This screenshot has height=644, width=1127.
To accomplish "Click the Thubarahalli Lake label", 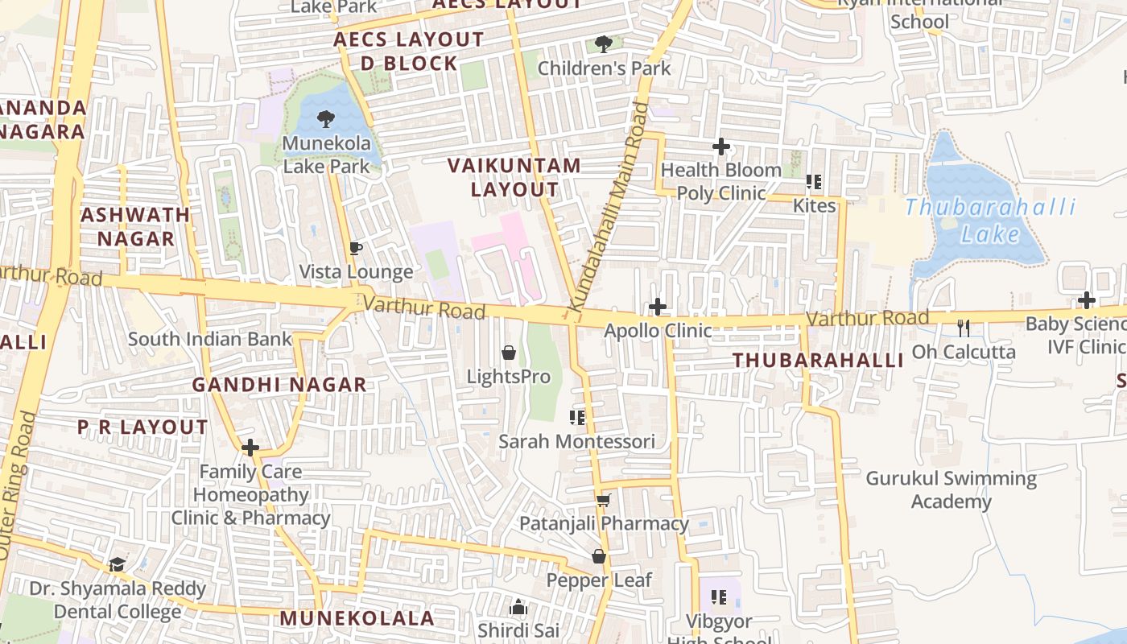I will pos(990,221).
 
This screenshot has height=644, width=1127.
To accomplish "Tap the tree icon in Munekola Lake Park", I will pos(326,120).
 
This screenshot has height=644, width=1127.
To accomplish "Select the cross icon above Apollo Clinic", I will pos(658,307).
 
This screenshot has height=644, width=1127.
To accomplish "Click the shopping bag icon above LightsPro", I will pos(509,353).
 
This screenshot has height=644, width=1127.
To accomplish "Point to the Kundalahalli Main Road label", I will pos(608,208).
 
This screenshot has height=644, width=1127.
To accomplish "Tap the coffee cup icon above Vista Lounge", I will pos(356,248).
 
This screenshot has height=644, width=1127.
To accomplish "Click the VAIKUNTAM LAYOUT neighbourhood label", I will pos(514,178).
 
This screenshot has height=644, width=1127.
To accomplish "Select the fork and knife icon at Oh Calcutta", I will pos(963,328).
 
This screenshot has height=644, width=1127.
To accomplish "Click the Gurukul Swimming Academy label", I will pos(951,489).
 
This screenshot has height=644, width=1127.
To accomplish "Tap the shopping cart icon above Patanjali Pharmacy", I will pos(603,500).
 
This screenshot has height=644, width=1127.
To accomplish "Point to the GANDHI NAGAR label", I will pos(279,385).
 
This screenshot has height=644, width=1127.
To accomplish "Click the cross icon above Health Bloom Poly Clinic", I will pos(721,147).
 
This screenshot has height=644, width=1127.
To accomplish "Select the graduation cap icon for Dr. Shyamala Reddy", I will pos(118,564).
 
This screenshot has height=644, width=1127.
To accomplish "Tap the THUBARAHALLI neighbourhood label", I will pos(818,361).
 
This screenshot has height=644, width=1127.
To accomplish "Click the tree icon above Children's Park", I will pos(603,43).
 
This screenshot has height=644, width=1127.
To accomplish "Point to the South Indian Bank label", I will pos(209,339).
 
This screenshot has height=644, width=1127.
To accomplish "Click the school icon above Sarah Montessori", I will pos(576,417).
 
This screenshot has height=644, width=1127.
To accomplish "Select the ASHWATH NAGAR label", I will pos(135,226).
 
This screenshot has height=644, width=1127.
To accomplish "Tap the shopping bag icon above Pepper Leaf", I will pos(599,556).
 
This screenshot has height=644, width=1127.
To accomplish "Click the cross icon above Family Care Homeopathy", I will pos(250,448).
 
